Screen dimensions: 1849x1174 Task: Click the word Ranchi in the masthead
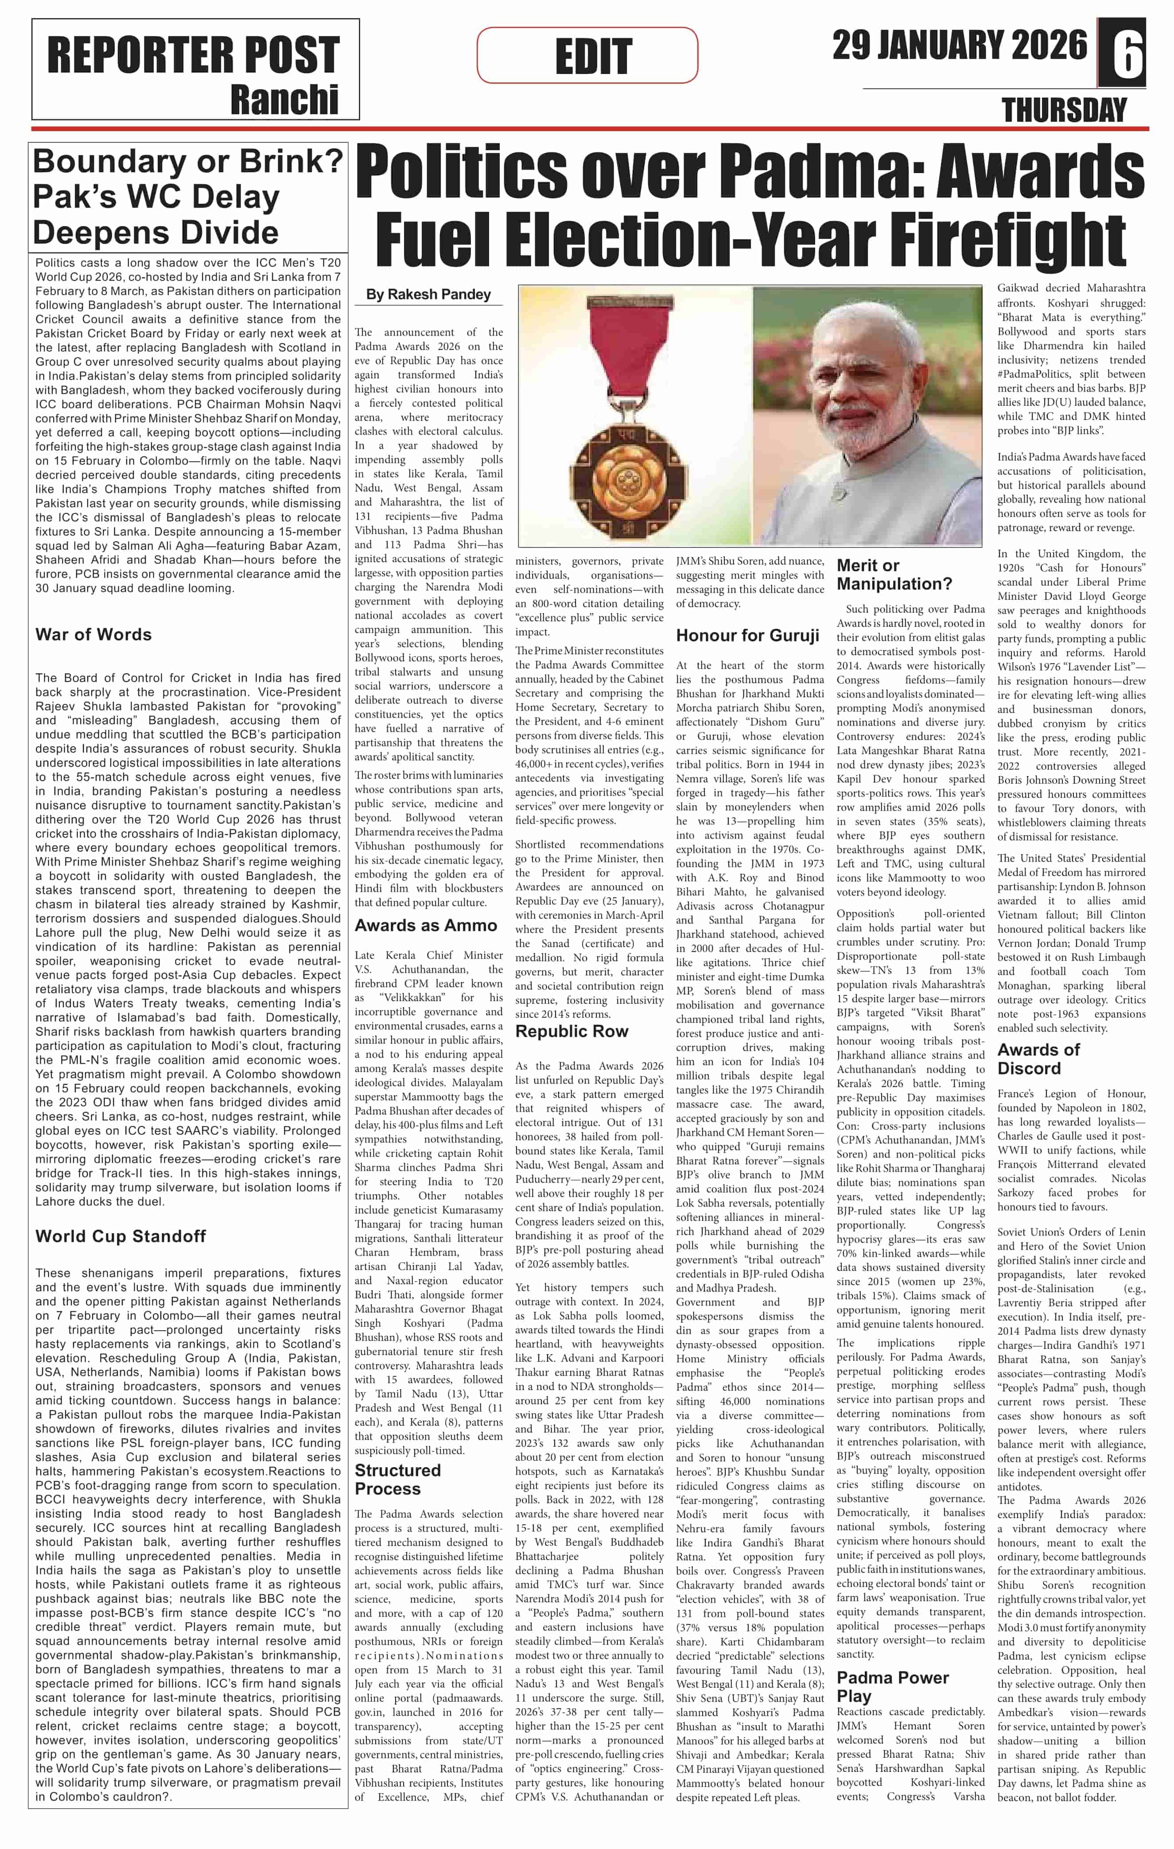pos(284,100)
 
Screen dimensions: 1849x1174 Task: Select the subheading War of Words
pos(93,634)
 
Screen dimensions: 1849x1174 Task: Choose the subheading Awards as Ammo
pos(425,925)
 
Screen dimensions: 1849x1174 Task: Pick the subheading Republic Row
pos(571,1031)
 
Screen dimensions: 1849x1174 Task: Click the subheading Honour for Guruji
pos(747,635)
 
